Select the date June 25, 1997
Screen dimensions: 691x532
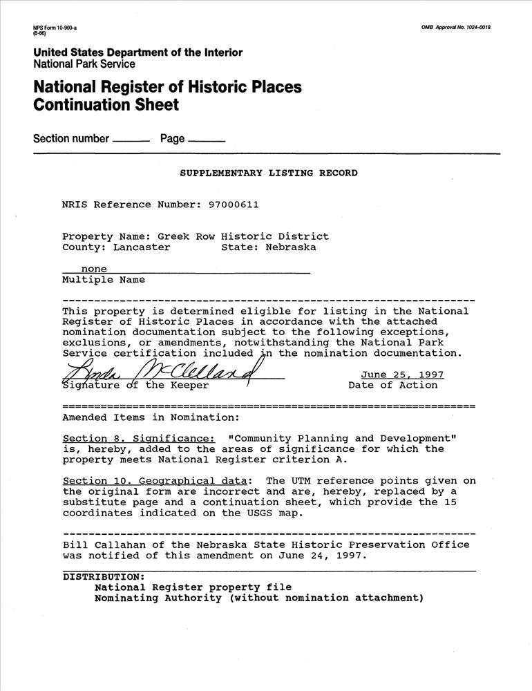[401, 375]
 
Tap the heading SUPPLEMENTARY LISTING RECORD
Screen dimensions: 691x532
[269, 173]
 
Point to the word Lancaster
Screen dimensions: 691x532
[142, 247]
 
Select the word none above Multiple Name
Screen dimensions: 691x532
[94, 268]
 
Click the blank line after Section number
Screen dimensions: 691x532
[131, 140]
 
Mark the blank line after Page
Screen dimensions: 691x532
[206, 140]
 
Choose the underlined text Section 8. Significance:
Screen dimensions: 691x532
[138, 439]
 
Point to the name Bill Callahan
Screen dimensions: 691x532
[100, 545]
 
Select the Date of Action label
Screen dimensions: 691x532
[392, 385]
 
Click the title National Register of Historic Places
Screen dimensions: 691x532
[168, 88]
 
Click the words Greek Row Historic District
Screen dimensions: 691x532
[243, 236]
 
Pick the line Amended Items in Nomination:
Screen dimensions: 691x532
[151, 417]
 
